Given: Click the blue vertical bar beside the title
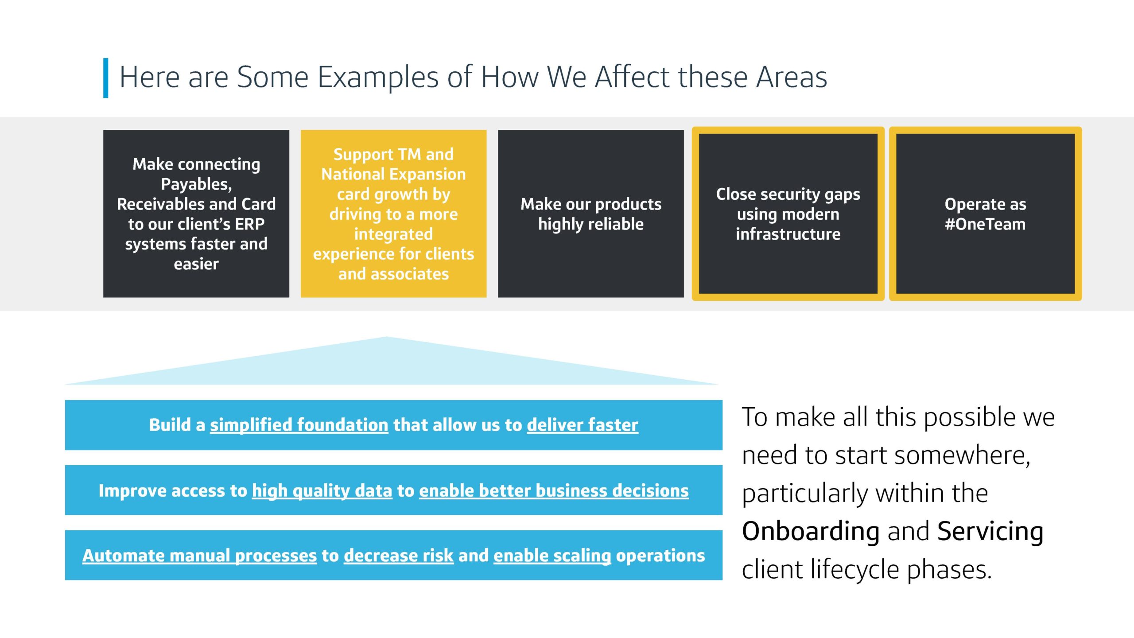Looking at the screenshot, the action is (106, 78).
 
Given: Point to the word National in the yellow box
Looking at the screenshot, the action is (358, 174).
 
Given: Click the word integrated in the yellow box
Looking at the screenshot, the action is (393, 234).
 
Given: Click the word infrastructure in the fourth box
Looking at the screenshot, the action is (788, 234).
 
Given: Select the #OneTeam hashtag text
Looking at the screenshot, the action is (985, 224).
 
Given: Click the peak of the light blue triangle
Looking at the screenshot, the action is (386, 337).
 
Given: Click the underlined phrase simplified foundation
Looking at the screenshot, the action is (299, 425).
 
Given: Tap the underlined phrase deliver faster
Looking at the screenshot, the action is (583, 425).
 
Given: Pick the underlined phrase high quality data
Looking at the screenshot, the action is (322, 491).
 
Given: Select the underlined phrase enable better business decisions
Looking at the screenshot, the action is (554, 491).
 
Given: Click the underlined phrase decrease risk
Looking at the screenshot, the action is (399, 556).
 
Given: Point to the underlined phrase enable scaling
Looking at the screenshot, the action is (552, 556).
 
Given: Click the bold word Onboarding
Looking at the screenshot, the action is (811, 531).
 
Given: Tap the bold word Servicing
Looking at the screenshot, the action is (990, 532).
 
